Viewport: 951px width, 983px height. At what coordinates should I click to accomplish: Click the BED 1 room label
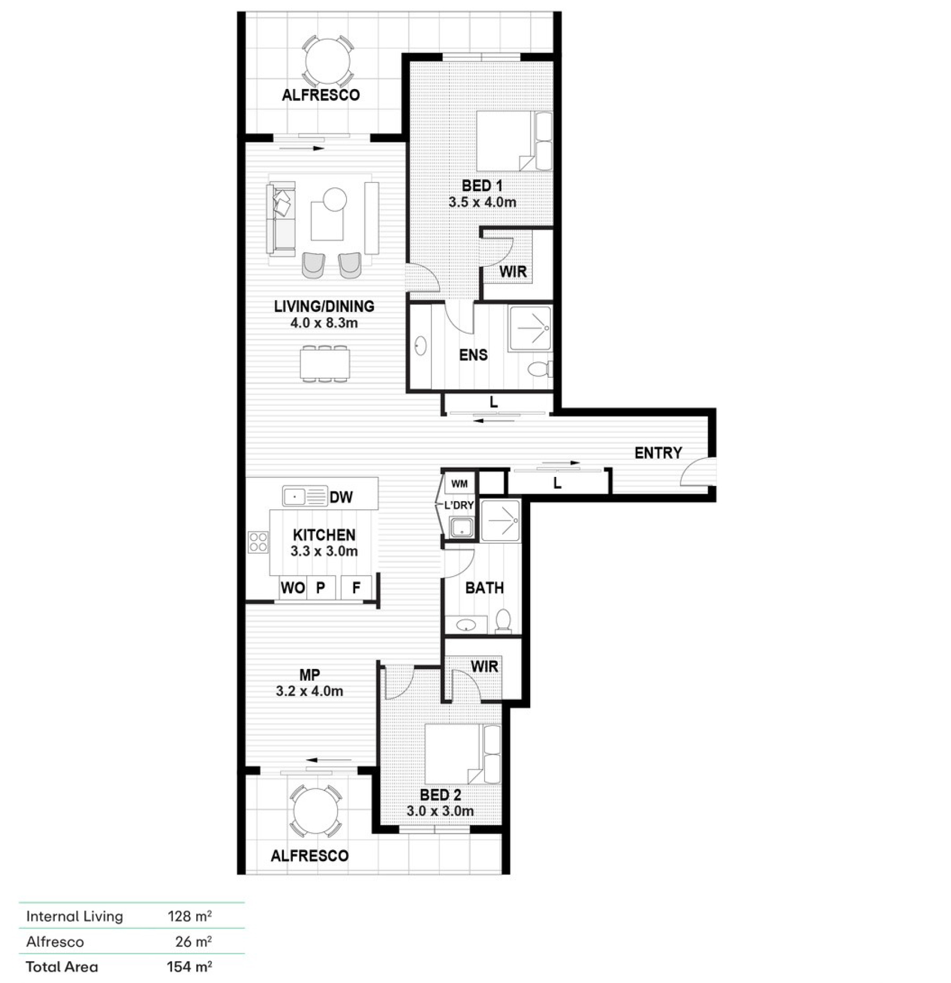pyautogui.click(x=482, y=186)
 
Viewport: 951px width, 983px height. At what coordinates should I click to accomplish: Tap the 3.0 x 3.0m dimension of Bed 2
pyautogui.click(x=440, y=811)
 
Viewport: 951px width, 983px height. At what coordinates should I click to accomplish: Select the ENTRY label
pyautogui.click(x=658, y=453)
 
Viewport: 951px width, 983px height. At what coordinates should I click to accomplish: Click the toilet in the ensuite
pyautogui.click(x=541, y=369)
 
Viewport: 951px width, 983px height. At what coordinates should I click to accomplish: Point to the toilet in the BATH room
pyautogui.click(x=503, y=621)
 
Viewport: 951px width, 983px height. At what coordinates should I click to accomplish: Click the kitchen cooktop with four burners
pyautogui.click(x=258, y=542)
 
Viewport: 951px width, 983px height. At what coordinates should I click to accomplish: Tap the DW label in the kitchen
pyautogui.click(x=341, y=497)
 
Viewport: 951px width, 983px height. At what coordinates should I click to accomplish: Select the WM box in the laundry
pyautogui.click(x=460, y=483)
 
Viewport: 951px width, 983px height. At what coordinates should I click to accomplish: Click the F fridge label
pyautogui.click(x=356, y=587)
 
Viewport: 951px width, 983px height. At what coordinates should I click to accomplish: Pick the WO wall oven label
pyautogui.click(x=292, y=587)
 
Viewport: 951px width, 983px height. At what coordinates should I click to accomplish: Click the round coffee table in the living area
pyautogui.click(x=335, y=199)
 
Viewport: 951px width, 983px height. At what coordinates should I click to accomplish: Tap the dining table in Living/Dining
pyautogui.click(x=325, y=364)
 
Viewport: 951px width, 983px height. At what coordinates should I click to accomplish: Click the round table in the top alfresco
pyautogui.click(x=327, y=62)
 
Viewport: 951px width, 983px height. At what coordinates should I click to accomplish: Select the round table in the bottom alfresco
pyautogui.click(x=315, y=811)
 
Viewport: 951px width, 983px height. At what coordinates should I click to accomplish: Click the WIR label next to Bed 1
pyautogui.click(x=513, y=272)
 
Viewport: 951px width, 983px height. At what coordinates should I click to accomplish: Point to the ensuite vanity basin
pyautogui.click(x=420, y=346)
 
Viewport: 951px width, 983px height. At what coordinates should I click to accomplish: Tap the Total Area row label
pyautogui.click(x=62, y=967)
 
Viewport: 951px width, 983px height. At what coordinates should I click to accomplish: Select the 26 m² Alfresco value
pyautogui.click(x=194, y=941)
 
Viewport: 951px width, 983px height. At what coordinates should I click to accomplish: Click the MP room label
pyautogui.click(x=309, y=675)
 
